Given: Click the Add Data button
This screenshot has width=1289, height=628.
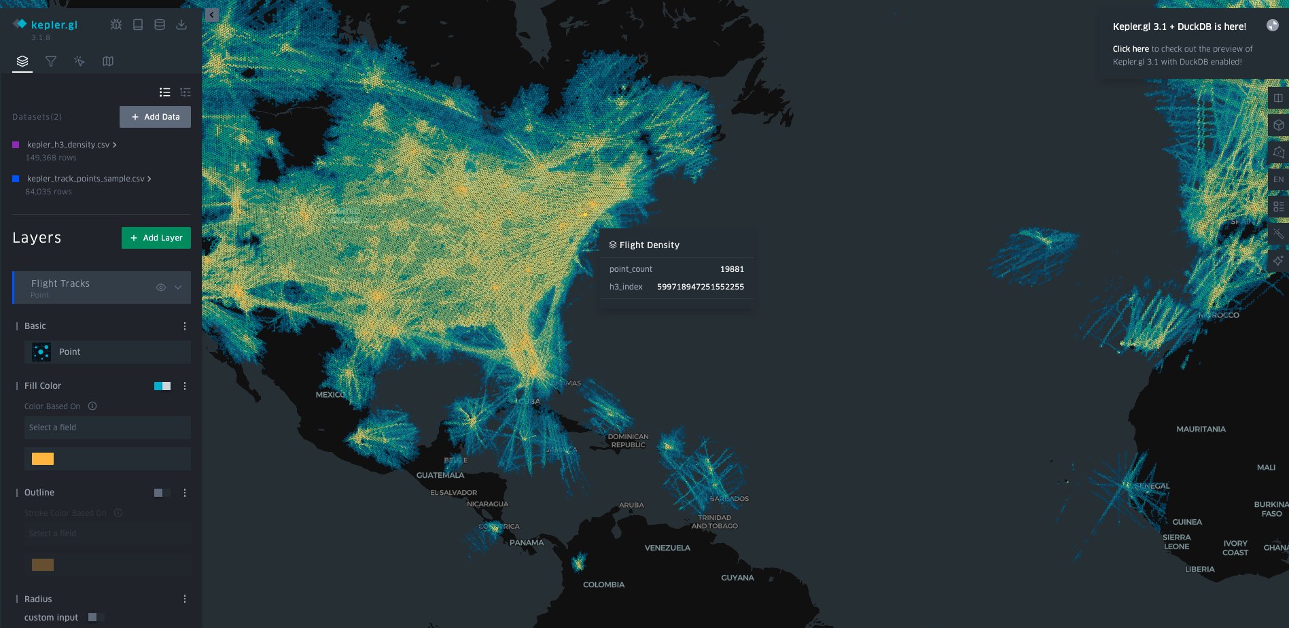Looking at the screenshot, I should click(x=155, y=117).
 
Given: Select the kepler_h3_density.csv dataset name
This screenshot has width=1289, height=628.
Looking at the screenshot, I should click(x=68, y=145).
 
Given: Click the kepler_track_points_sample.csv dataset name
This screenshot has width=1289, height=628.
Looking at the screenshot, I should click(x=86, y=179).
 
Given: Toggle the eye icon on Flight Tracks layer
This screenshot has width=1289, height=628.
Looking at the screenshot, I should click(x=161, y=287).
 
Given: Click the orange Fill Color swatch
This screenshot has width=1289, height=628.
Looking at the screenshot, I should click(x=43, y=459).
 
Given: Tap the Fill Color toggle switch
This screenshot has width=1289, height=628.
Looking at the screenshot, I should click(x=162, y=386).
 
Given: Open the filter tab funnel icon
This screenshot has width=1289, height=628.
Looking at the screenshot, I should click(x=51, y=61).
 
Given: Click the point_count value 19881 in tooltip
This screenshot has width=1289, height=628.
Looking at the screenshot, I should click(x=732, y=269).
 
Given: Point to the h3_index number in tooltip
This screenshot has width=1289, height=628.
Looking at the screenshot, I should click(x=700, y=287).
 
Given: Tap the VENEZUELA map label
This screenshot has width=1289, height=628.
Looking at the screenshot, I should click(x=667, y=548).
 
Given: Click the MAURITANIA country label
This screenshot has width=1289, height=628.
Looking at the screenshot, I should click(x=1201, y=430).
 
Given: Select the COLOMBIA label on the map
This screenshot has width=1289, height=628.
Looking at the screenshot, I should click(x=603, y=585).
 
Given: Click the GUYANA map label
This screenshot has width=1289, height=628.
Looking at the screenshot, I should click(x=737, y=578).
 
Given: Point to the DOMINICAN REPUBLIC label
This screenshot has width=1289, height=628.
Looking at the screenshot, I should click(x=628, y=441).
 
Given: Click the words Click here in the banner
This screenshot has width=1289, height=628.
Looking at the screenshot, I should click(x=1130, y=49).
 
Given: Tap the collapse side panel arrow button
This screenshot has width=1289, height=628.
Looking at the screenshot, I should click(x=212, y=15).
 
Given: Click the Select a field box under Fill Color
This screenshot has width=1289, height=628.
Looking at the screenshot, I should click(x=107, y=428).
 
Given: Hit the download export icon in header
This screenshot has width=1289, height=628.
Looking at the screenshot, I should click(x=181, y=24).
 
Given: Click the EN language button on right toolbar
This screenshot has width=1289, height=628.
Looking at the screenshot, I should click(x=1278, y=179).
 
